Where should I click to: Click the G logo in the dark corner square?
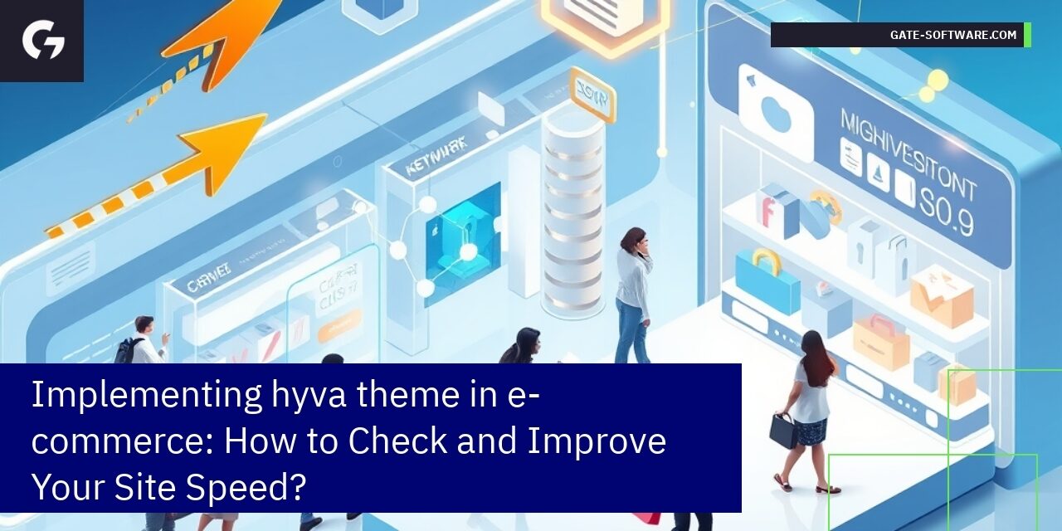(42, 41)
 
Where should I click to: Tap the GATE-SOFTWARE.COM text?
(952, 35)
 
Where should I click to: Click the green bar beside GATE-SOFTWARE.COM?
(1027, 35)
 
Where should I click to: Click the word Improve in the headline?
(597, 440)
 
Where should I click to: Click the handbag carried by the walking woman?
(782, 430)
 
